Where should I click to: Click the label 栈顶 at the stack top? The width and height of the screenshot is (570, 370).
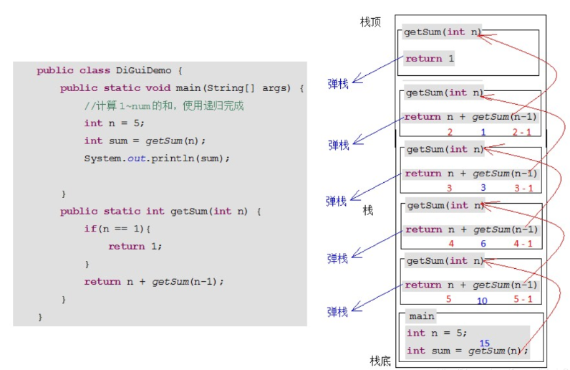coord(370,23)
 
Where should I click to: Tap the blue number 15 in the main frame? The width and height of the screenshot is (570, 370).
coord(485,343)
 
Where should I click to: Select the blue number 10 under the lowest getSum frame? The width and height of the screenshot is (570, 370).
coord(482,300)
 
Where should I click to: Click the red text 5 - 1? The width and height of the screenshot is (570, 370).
coord(523,299)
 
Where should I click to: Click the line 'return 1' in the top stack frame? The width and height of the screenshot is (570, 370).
coord(430,59)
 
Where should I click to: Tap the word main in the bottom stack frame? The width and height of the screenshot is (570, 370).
coord(422,316)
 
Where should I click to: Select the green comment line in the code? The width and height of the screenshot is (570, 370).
coord(164,105)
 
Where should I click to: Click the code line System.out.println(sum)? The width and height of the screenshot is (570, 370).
coord(158,158)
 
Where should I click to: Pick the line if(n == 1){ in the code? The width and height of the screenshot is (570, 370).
coord(119,229)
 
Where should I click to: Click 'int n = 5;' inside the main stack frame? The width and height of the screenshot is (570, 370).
coord(437,333)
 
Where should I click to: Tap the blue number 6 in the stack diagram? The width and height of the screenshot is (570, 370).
coord(483,244)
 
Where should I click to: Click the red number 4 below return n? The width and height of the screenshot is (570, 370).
coord(451,244)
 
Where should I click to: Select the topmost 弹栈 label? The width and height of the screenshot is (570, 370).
coord(338,84)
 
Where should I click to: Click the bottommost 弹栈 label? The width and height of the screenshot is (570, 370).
coord(337,312)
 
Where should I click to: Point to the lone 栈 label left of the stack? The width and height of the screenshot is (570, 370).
coord(367,210)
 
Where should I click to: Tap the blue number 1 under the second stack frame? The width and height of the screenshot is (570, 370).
coord(483,132)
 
